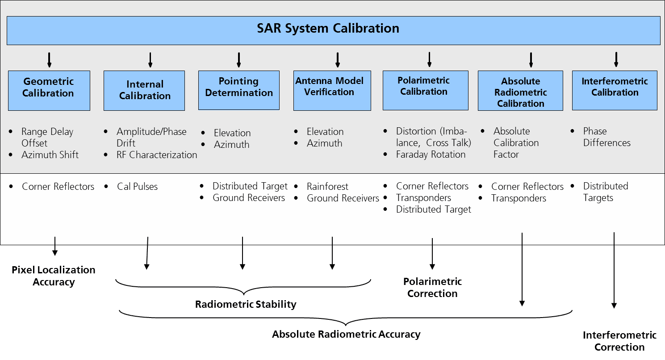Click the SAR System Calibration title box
333,30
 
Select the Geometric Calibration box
49,90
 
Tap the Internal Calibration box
144,91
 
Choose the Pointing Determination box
239,90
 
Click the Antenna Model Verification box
332,90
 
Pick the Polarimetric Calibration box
425,90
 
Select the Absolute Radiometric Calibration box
521,91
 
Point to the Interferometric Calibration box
615,90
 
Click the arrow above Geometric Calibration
49,60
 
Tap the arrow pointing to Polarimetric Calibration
429,60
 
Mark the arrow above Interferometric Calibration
616,60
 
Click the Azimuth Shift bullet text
50,155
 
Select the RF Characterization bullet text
157,155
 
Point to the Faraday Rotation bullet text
431,155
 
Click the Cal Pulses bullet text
137,187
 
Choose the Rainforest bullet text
327,187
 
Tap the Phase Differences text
606,137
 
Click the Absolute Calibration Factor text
516,143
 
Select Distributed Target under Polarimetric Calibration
433,209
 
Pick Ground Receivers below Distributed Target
249,198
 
